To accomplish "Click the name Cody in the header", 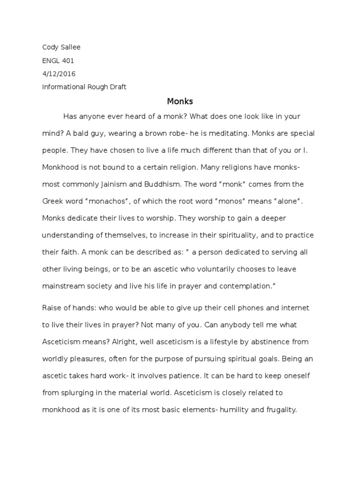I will [x=50, y=47].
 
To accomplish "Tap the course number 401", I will [x=67, y=60].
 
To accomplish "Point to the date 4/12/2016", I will [x=59, y=74].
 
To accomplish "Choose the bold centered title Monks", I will [x=180, y=101].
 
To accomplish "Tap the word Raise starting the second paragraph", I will [x=52, y=308].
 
